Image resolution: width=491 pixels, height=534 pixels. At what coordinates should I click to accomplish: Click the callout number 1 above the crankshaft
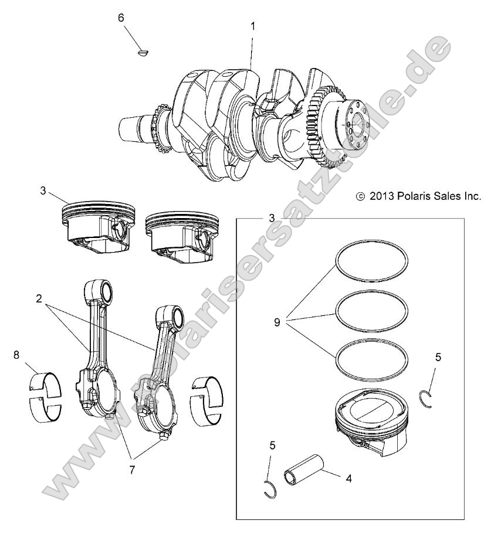tap(253, 26)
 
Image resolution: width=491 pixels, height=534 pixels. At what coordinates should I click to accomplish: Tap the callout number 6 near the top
tap(121, 18)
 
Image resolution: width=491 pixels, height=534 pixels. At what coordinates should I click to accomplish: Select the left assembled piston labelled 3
tap(100, 225)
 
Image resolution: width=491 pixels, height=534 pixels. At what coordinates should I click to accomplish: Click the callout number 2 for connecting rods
tap(39, 299)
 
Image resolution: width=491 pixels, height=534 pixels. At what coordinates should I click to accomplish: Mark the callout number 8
tap(16, 355)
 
